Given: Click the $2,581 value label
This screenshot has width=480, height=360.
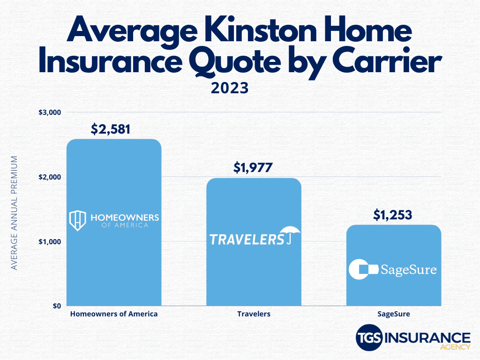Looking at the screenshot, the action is tap(111, 129).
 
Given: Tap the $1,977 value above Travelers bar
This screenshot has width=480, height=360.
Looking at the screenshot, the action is tap(253, 168).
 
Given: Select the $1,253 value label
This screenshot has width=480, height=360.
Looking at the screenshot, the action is tap(393, 215).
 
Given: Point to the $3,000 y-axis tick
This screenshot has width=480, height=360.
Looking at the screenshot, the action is tap(50, 112).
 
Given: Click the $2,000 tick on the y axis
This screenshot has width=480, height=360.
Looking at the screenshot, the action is tap(50, 177).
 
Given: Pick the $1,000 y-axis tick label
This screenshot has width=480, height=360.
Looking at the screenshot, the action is tap(50, 242).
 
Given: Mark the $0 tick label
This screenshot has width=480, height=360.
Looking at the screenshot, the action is tap(57, 306).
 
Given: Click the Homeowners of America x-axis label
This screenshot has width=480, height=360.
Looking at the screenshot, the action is tap(114, 314).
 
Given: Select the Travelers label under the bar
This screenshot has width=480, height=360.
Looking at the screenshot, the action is tap(254, 314).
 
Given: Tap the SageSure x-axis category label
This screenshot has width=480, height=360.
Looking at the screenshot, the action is tap(394, 314).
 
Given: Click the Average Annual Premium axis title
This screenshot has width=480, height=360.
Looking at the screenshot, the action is tap(14, 213).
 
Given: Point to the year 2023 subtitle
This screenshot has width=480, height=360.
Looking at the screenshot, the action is tap(230, 88).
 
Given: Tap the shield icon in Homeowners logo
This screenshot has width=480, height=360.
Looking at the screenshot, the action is tap(77, 220).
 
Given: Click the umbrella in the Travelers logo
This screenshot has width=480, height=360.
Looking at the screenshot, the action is tap(290, 234).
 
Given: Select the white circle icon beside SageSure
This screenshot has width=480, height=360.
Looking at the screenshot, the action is tap(359, 269).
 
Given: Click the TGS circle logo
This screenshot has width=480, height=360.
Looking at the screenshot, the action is tap(369, 337).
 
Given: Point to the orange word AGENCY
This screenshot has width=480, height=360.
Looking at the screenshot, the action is tap(455, 347).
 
